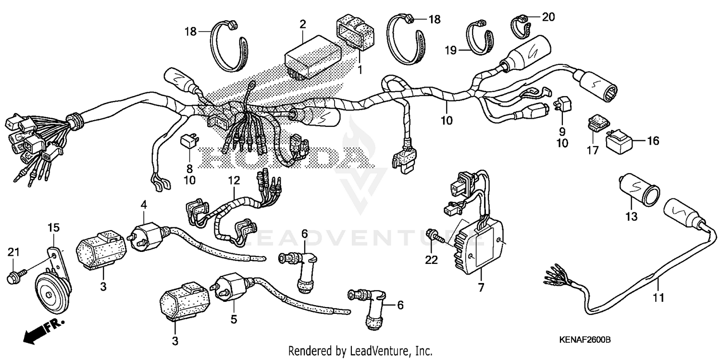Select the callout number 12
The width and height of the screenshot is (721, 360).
tap(234, 181)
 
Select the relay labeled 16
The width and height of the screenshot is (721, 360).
tap(620, 141)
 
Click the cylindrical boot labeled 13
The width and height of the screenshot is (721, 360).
tap(637, 191)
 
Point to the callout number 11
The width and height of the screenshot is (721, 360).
tap(658, 298)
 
